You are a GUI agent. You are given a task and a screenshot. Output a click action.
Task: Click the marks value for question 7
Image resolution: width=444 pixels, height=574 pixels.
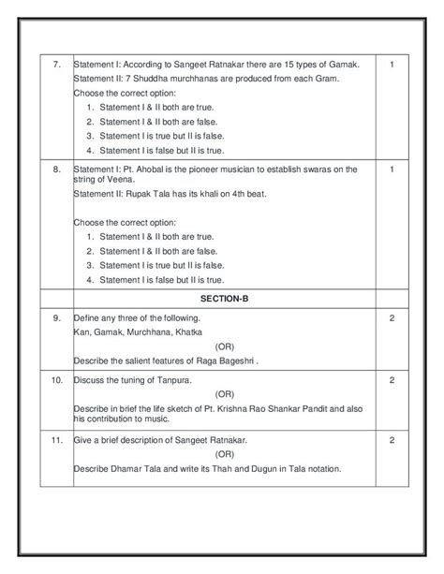[392, 65]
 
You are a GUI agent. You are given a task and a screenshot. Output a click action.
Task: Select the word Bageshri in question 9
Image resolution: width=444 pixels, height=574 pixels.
[233, 361]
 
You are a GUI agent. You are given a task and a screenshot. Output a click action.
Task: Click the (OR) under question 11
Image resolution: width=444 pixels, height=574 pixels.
[224, 454]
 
